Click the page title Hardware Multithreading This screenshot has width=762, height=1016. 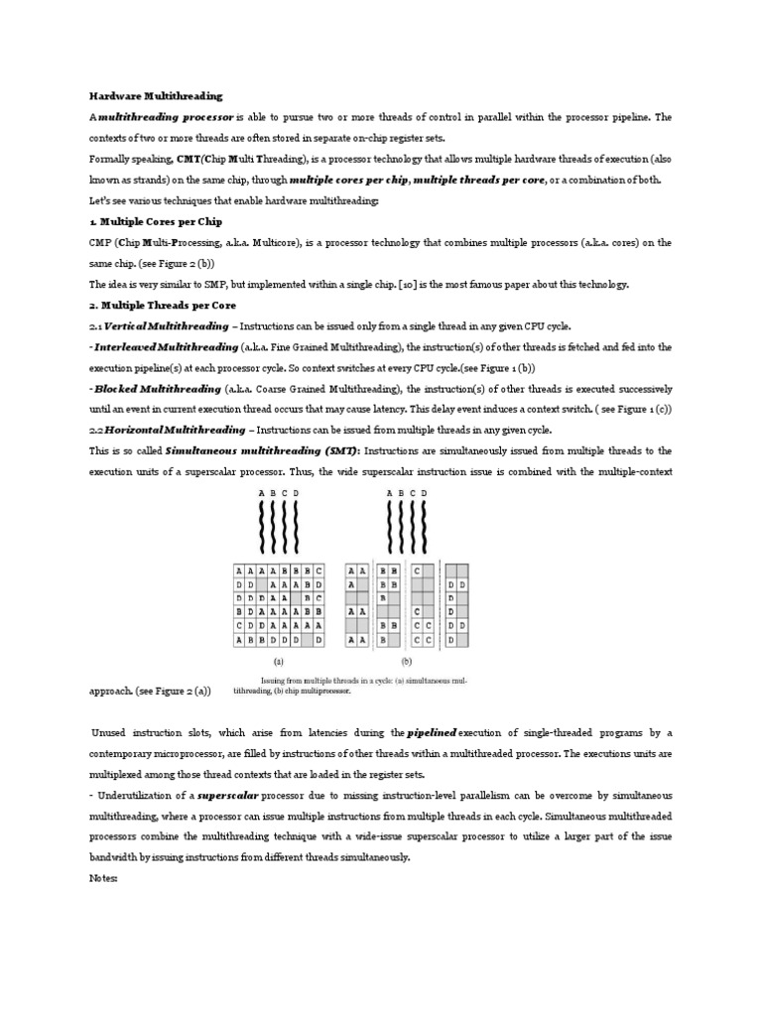point(156,96)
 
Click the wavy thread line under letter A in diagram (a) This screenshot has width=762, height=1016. point(261,527)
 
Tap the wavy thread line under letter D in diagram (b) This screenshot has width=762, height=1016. point(425,527)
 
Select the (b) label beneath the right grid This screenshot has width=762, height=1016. point(406,659)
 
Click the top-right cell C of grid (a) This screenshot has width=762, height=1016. point(318,571)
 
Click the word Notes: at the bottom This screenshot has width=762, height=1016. point(103,878)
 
